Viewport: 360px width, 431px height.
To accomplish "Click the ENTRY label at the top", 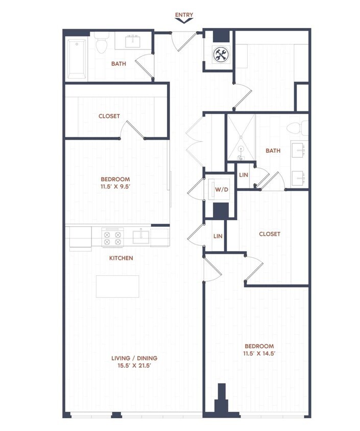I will (184, 15).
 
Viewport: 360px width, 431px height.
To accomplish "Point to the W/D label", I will (221, 190).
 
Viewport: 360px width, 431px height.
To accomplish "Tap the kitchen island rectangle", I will (117, 286).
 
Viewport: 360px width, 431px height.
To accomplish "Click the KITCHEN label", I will (121, 258).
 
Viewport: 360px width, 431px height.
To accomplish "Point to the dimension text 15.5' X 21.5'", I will (134, 365).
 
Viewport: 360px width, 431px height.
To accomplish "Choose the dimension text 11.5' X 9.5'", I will (115, 187).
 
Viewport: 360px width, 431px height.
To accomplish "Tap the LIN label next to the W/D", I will (244, 175).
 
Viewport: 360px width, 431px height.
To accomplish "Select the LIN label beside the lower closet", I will (218, 236).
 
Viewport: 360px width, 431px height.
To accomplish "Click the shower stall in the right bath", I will (241, 137).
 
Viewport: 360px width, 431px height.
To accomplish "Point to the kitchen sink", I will (140, 236).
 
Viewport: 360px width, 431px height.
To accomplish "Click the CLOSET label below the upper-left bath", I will (109, 116).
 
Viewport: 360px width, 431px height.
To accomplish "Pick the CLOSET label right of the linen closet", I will (270, 234).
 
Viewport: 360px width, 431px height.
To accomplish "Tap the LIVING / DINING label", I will (134, 358).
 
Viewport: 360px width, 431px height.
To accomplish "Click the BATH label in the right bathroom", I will (273, 151).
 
